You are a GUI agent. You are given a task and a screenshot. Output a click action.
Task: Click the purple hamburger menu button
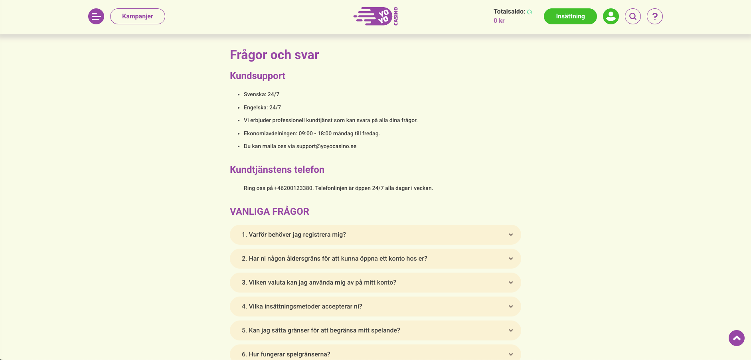(x=96, y=16)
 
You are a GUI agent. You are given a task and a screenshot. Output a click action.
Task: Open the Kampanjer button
(x=138, y=16)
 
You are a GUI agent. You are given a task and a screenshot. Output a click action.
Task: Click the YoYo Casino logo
(x=375, y=16)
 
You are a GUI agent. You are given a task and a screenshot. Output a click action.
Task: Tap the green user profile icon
(x=611, y=16)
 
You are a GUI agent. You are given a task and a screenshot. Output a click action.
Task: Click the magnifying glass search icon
(x=632, y=16)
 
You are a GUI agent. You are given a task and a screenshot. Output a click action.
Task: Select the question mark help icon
(x=654, y=16)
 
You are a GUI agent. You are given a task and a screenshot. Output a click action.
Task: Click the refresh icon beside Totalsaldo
(x=530, y=12)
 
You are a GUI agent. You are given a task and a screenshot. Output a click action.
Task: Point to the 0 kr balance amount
(x=499, y=21)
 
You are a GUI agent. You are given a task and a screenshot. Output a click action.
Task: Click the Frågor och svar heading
(x=274, y=55)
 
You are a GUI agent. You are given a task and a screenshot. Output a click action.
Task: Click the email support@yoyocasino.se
(x=326, y=146)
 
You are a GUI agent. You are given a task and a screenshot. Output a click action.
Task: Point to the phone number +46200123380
(x=293, y=188)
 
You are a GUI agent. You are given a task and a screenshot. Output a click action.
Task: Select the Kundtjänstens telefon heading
(x=277, y=170)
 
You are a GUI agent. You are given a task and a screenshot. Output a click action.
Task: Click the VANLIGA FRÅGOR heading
(x=269, y=212)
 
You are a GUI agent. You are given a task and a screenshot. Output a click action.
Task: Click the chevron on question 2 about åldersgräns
(x=511, y=259)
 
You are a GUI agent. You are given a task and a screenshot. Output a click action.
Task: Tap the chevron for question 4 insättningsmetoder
(x=511, y=307)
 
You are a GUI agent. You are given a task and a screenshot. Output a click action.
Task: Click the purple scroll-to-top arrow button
(x=736, y=338)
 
